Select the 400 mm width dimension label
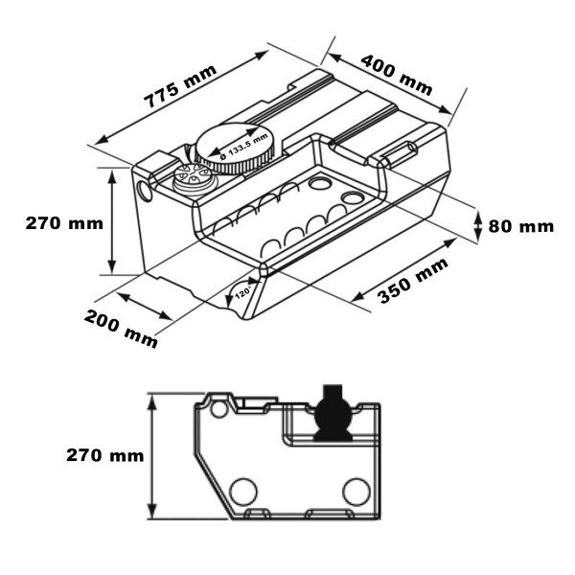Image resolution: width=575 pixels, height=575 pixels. tap(396, 74)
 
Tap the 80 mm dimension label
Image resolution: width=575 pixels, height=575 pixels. tap(521, 226)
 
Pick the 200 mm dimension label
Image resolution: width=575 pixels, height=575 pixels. tap(121, 329)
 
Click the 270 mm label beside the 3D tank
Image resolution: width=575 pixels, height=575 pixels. tap(63, 223)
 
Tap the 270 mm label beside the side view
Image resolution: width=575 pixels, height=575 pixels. tap(104, 455)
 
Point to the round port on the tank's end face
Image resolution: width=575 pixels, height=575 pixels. tap(145, 189)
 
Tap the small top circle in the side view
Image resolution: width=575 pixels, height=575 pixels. tap(219, 410)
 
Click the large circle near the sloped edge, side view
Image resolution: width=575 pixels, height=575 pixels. tap(243, 493)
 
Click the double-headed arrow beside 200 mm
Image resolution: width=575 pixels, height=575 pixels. tap(145, 306)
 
